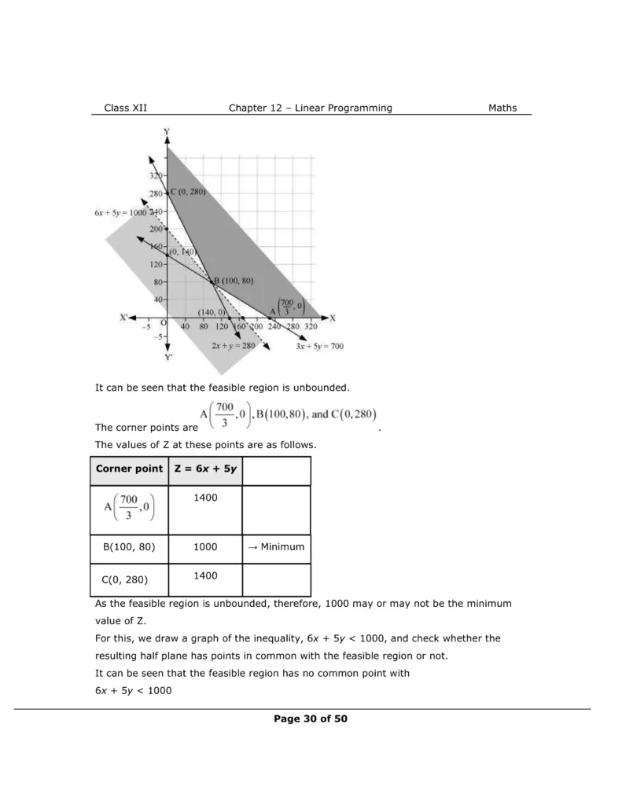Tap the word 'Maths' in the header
pyautogui.click(x=502, y=108)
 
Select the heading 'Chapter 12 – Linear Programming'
pyautogui.click(x=310, y=108)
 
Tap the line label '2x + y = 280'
pyautogui.click(x=234, y=345)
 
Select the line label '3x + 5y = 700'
pyautogui.click(x=319, y=345)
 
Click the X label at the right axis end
pyautogui.click(x=332, y=318)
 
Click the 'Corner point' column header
pyautogui.click(x=129, y=469)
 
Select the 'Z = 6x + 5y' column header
pyautogui.click(x=205, y=469)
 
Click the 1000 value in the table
pyautogui.click(x=205, y=547)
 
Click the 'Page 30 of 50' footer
pyautogui.click(x=311, y=719)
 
